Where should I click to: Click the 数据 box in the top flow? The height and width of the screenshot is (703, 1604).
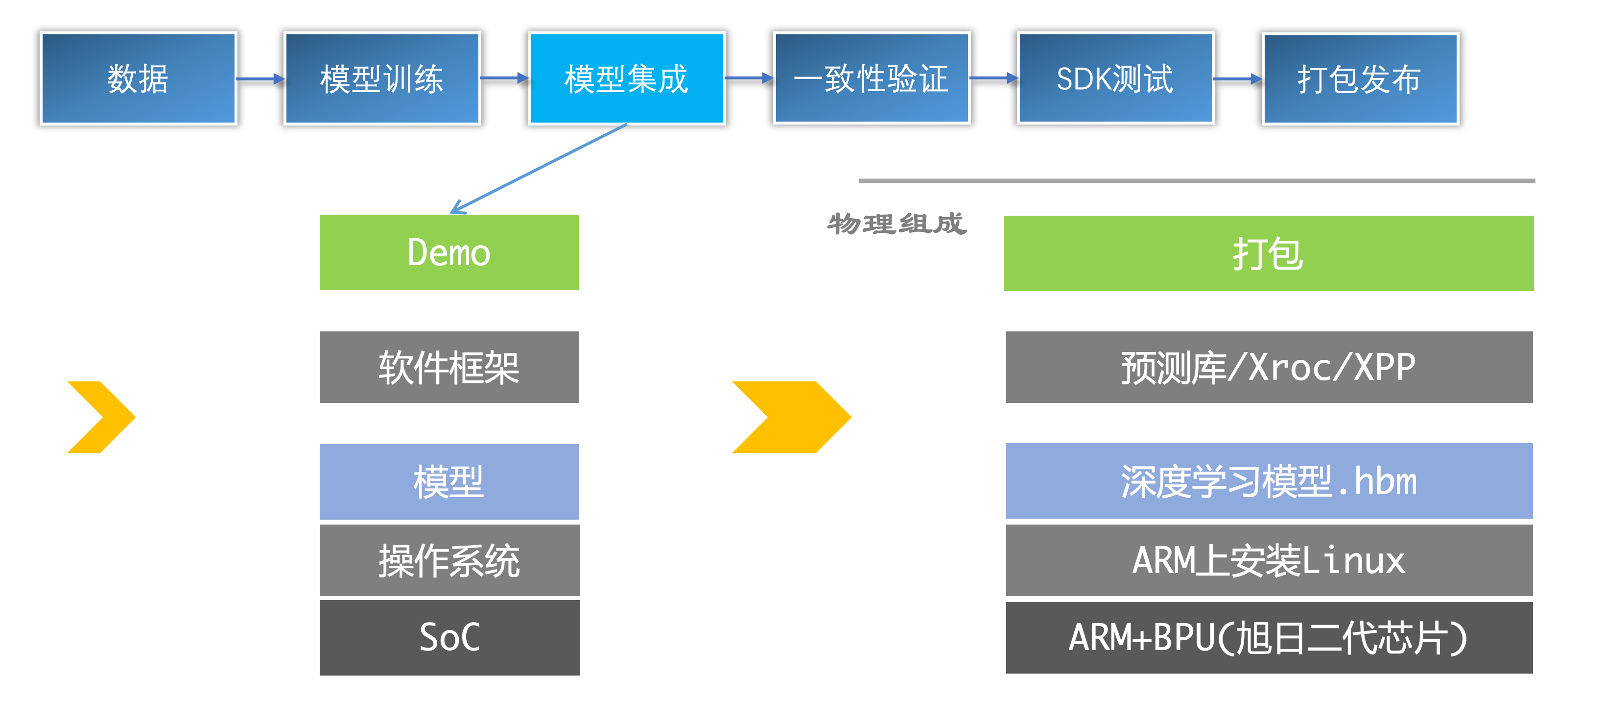[138, 78]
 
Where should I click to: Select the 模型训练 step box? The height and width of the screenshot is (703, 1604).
[382, 78]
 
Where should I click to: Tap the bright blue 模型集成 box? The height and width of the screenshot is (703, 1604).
[626, 78]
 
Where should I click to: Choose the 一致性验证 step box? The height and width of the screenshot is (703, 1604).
[871, 78]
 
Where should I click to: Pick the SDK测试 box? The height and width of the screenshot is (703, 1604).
[1115, 78]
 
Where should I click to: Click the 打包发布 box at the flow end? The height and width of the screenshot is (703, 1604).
[1360, 79]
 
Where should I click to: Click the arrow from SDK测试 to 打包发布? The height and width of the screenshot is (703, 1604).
[1238, 79]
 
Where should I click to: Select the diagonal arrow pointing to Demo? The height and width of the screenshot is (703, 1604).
[539, 168]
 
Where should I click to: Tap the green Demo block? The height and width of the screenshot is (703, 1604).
[449, 252]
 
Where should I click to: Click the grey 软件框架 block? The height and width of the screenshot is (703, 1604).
[449, 367]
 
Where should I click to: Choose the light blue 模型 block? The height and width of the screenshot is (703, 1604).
[449, 482]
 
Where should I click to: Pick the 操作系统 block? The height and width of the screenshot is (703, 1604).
[449, 560]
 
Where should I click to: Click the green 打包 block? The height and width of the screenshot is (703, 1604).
[1269, 253]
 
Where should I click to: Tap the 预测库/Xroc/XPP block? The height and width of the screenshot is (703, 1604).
[1269, 367]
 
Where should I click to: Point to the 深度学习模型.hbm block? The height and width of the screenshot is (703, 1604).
[1269, 481]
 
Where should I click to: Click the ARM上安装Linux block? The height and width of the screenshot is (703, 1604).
[1269, 560]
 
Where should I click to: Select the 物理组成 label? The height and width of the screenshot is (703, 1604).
[896, 224]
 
